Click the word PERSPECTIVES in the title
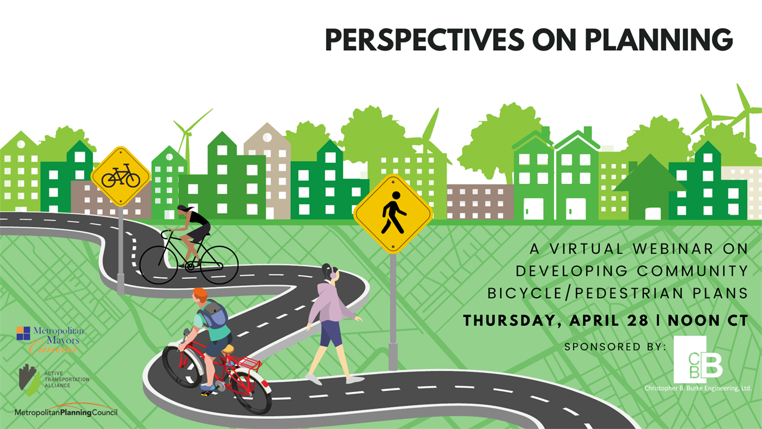pos(425,40)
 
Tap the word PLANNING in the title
pos(659,40)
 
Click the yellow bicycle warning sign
pos(121,177)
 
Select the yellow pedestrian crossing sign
pos(393,214)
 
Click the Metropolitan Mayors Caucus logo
pos(50,340)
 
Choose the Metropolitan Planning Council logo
pos(66,411)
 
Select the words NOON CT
pos(708,321)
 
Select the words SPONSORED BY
pos(615,347)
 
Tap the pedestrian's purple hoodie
pos(329,303)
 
